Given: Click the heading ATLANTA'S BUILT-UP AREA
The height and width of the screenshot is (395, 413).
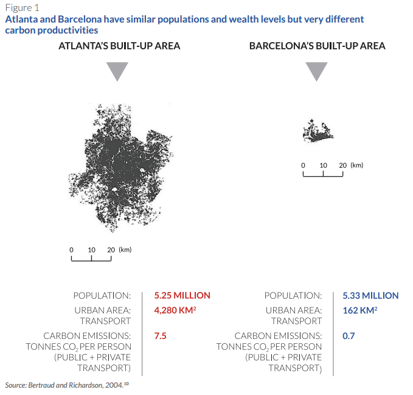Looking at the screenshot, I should pyautogui.click(x=119, y=46).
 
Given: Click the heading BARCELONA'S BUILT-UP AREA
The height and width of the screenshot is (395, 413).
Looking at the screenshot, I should pyautogui.click(x=317, y=46).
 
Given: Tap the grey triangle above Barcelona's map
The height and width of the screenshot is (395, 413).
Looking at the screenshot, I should pyautogui.click(x=316, y=71).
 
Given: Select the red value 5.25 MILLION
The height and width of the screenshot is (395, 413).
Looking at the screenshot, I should pyautogui.click(x=182, y=295).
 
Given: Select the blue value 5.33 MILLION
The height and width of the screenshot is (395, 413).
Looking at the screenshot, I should pyautogui.click(x=370, y=295).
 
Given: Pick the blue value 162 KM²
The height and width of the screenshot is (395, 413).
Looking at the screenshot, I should pyautogui.click(x=359, y=310).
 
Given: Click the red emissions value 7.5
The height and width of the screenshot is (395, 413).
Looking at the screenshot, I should pyautogui.click(x=161, y=335).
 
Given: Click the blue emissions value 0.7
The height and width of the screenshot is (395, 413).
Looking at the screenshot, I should pyautogui.click(x=349, y=335).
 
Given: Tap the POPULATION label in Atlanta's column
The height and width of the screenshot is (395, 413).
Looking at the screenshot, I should pyautogui.click(x=102, y=296).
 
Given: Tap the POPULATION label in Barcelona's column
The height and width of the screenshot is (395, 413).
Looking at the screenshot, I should pyautogui.click(x=293, y=296).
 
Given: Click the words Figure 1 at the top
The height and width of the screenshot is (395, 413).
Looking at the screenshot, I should pyautogui.click(x=22, y=8).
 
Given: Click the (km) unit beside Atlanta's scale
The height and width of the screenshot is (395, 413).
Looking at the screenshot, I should pyautogui.click(x=125, y=249).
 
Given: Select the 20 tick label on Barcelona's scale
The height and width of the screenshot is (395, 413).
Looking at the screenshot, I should pyautogui.click(x=343, y=165).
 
